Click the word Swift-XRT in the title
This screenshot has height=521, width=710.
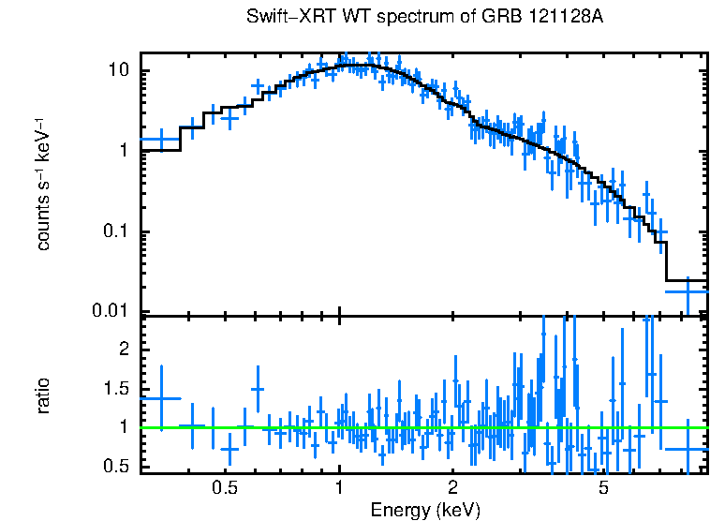(284, 19)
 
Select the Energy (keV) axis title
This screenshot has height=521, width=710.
(425, 510)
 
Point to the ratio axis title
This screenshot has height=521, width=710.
(43, 395)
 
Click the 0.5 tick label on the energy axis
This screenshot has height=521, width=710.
(224, 488)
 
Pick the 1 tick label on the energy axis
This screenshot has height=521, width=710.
(339, 488)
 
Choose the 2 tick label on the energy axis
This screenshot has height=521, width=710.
(452, 488)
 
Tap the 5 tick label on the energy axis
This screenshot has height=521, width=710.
(603, 488)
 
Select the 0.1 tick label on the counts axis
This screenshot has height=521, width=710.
(119, 231)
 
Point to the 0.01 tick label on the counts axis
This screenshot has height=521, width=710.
(115, 311)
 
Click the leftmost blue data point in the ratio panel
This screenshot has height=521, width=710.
(160, 398)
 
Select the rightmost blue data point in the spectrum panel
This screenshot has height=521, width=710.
(688, 291)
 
